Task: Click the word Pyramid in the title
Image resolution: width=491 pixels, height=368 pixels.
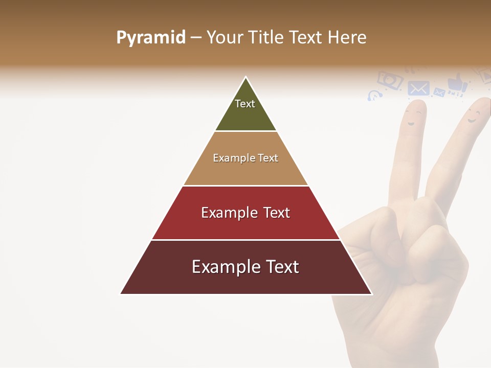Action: tap(150, 38)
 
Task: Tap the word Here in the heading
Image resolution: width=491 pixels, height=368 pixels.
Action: tap(347, 38)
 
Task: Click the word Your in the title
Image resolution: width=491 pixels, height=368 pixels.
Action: tap(226, 38)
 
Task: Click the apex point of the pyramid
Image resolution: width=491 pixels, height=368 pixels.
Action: tap(246, 77)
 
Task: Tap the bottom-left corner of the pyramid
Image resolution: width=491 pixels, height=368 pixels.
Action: tap(121, 294)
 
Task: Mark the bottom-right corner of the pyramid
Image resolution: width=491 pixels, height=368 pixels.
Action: tap(372, 294)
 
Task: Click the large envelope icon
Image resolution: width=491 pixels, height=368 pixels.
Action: tap(418, 88)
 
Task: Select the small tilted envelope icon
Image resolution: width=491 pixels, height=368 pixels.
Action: tap(439, 93)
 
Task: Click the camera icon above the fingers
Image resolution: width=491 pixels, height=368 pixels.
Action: tap(390, 80)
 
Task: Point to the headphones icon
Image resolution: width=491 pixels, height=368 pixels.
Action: tap(374, 96)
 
